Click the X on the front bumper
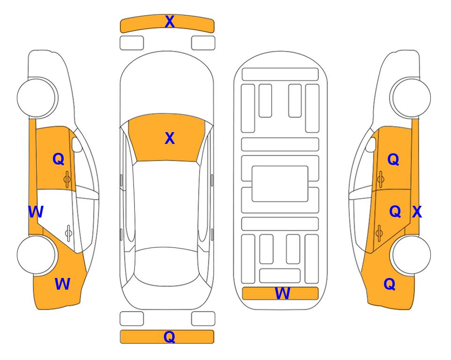pos(170,22)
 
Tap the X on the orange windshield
pos(170,138)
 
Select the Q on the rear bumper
pos(169,337)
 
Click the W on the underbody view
pos(282,293)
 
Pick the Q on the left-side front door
pos(58,159)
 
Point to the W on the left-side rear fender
pos(62,284)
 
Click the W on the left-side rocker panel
pos(36,212)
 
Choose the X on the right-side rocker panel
pos(417,212)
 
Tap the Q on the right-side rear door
pos(395,212)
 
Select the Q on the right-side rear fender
pos(390,284)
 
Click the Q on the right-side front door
pos(393,159)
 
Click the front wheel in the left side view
pos(36,97)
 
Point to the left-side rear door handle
pos(68,232)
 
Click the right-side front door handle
pos(380,179)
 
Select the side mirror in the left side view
pos(77,144)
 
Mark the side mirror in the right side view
pos(371,144)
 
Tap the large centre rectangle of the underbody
pos(280,184)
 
